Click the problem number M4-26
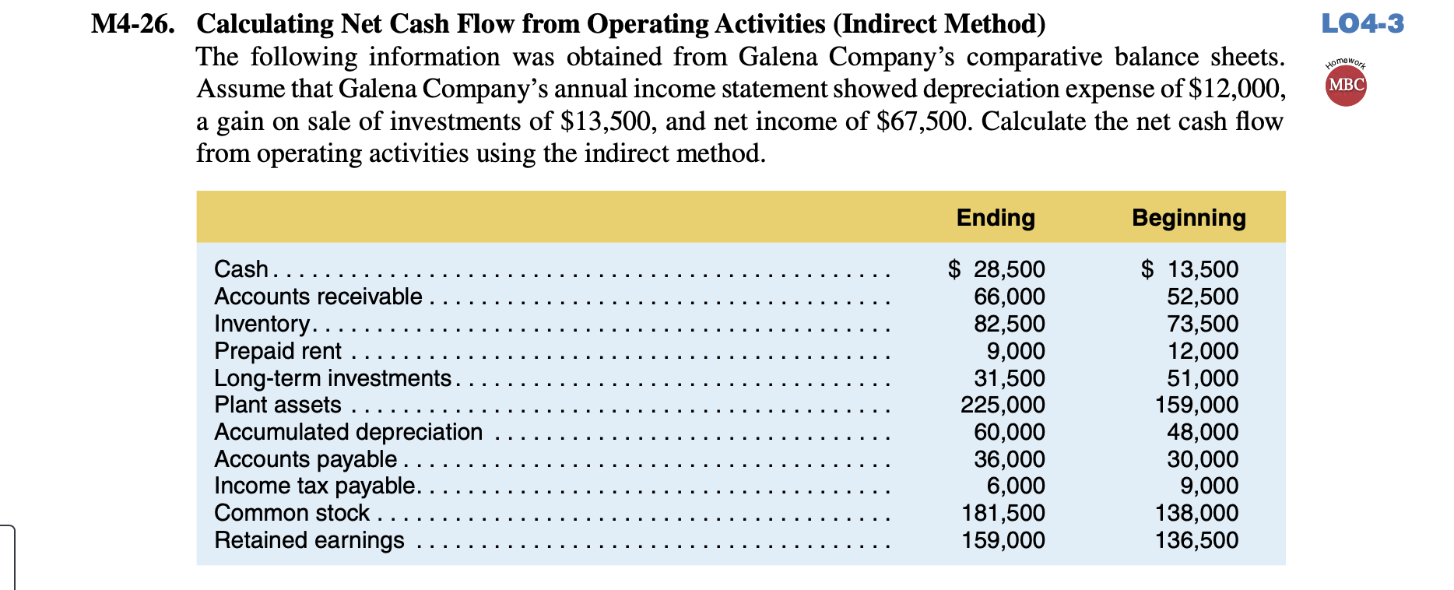tap(132, 25)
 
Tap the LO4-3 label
tap(1362, 24)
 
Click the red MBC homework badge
tap(1346, 85)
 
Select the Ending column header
tap(996, 218)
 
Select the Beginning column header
tap(1189, 218)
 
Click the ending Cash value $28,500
tap(997, 269)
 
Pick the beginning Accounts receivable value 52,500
tap(1202, 297)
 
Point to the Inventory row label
tap(262, 324)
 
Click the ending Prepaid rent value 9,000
tap(1016, 351)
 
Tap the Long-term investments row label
tap(332, 378)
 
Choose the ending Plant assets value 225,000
tap(1003, 405)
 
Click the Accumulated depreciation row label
tap(348, 432)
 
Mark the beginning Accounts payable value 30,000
tap(1202, 459)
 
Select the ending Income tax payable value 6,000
tap(1016, 486)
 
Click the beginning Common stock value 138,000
tap(1196, 513)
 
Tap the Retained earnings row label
tap(309, 540)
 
